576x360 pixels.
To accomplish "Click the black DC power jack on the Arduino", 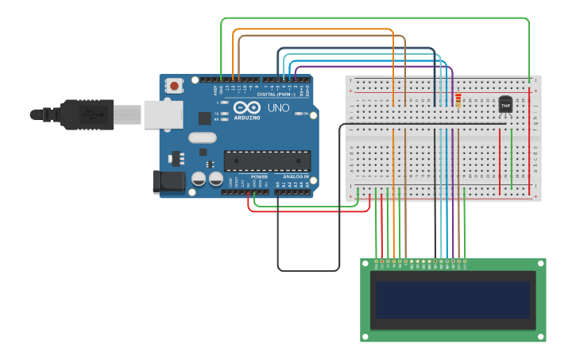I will click(168, 181).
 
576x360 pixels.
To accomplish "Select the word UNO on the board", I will click(278, 108).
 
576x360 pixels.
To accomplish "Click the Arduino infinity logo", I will click(248, 107).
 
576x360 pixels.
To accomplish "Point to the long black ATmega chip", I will click(267, 161).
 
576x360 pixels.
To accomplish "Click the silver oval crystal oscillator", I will click(203, 137).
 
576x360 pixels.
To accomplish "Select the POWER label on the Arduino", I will click(260, 176).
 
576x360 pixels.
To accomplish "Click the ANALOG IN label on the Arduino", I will click(295, 176).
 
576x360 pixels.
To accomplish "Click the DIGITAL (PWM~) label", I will click(265, 94).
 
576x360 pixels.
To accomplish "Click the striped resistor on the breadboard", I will click(458, 100).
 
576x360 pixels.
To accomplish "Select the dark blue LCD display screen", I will click(454, 299).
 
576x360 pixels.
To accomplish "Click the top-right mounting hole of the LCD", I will click(539, 265).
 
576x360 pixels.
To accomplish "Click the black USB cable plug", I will click(87, 114).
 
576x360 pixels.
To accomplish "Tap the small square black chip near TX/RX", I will click(204, 118).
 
